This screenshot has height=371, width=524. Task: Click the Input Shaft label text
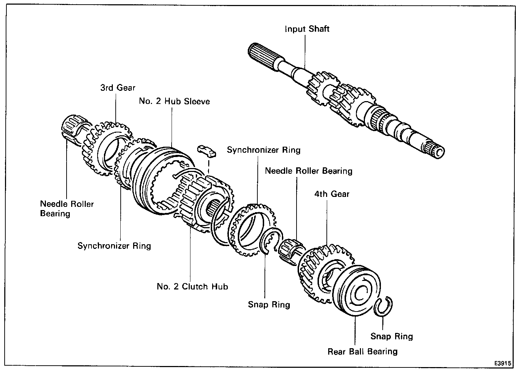pos(307,29)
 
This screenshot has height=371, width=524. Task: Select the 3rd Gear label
pos(117,88)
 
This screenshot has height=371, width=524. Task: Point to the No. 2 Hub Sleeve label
pos(174,101)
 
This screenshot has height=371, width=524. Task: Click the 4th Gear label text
pos(332,194)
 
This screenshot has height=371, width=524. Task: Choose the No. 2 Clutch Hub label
pos(192,286)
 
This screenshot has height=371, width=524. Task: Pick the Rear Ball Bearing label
pos(362,351)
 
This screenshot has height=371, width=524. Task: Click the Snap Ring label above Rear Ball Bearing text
pos(392,336)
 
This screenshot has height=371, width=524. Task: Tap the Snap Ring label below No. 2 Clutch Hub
pos(269,304)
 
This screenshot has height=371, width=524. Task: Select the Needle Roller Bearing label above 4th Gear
pos(308,171)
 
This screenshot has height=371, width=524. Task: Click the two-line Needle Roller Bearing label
pos(67,209)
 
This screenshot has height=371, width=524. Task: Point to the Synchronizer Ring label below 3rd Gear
pos(114,246)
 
